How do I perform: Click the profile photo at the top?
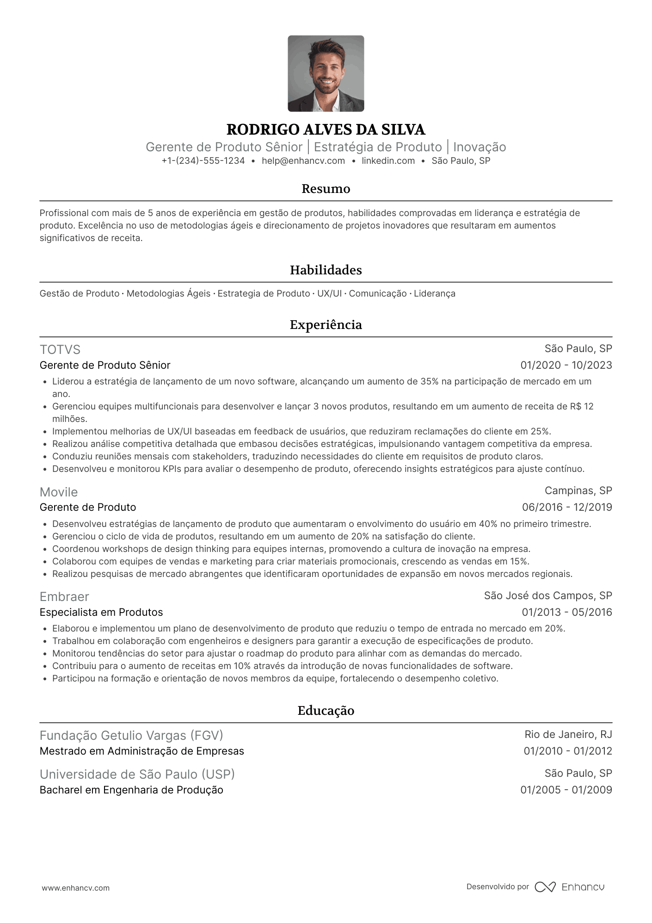(326, 74)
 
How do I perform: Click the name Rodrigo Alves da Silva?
(326, 130)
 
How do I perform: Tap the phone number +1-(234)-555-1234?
(203, 161)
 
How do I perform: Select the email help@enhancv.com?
(303, 161)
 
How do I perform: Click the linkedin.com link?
(388, 161)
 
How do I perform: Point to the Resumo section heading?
(326, 189)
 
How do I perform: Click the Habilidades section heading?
(326, 270)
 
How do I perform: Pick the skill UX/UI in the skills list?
(329, 294)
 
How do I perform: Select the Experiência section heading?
(326, 325)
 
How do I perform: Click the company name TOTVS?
(60, 350)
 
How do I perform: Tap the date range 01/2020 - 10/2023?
(566, 365)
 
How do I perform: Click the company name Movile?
(59, 492)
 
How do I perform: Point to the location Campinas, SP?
(578, 491)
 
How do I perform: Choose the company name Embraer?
(64, 597)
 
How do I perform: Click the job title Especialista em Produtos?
(101, 613)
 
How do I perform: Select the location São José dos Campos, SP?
(548, 596)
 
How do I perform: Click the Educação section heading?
(326, 711)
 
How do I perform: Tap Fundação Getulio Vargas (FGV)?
(131, 736)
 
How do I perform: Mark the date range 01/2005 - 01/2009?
(566, 790)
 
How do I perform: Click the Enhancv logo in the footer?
(570, 887)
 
